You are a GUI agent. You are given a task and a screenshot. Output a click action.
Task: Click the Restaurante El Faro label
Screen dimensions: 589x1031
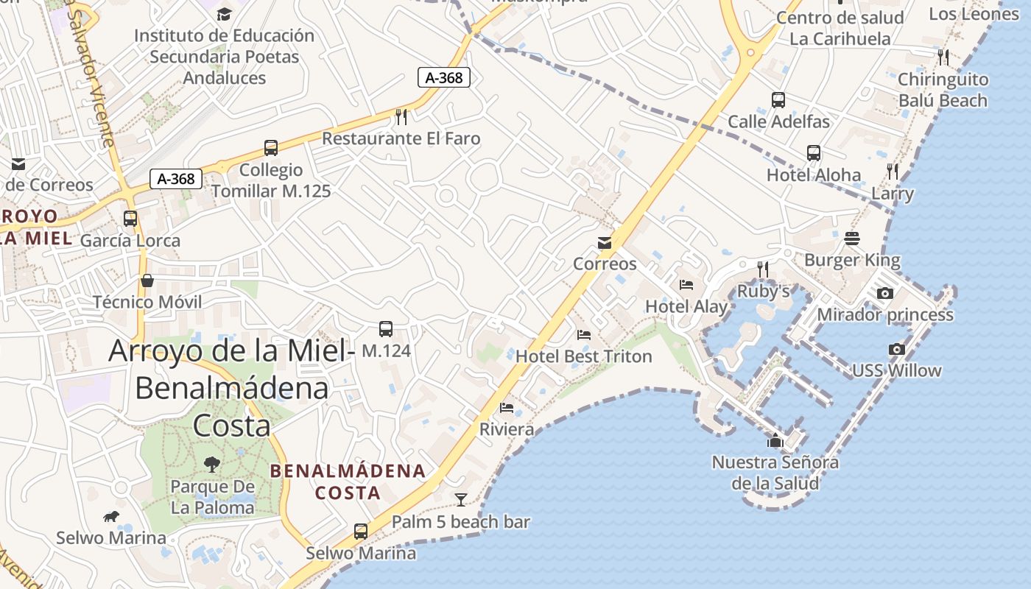pyautogui.click(x=401, y=138)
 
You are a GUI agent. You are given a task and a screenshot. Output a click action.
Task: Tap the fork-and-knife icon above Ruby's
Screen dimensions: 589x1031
pyautogui.click(x=763, y=269)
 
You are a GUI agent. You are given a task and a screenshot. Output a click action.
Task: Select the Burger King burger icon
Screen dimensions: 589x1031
pyautogui.click(x=852, y=239)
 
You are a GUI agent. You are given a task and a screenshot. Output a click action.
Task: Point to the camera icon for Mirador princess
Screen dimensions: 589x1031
pyautogui.click(x=885, y=294)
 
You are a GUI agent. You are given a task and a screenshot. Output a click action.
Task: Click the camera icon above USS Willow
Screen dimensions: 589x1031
pyautogui.click(x=896, y=350)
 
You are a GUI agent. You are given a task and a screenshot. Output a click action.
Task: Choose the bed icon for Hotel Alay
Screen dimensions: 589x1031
pyautogui.click(x=686, y=285)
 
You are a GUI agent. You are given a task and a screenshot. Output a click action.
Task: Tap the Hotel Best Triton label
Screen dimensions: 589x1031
pyautogui.click(x=583, y=356)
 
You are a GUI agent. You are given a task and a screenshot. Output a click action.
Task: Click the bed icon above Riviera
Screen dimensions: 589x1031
pyautogui.click(x=507, y=408)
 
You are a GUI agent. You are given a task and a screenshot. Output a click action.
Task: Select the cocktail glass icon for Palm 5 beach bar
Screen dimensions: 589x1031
pyautogui.click(x=461, y=500)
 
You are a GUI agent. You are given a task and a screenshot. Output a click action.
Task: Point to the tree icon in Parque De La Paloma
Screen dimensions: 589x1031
pyautogui.click(x=212, y=464)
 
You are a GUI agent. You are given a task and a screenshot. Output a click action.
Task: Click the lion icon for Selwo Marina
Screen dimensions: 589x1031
pyautogui.click(x=111, y=516)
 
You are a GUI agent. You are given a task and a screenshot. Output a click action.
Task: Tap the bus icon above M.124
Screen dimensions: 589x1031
pyautogui.click(x=386, y=329)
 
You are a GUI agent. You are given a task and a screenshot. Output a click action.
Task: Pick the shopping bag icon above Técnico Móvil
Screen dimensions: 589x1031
pyautogui.click(x=147, y=281)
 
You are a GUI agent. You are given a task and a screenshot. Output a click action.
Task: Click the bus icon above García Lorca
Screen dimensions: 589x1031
pyautogui.click(x=130, y=219)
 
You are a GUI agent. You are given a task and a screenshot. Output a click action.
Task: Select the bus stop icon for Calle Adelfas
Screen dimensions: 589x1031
pyautogui.click(x=778, y=100)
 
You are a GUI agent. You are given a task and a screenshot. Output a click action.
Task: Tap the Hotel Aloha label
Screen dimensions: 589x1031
pyautogui.click(x=814, y=175)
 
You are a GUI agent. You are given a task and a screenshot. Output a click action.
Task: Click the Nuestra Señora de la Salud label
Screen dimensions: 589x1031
pyautogui.click(x=775, y=473)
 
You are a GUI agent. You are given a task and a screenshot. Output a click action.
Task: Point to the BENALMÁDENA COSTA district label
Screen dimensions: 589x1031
pyautogui.click(x=348, y=482)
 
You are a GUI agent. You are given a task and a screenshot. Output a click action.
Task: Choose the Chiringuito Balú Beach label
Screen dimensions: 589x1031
pyautogui.click(x=943, y=90)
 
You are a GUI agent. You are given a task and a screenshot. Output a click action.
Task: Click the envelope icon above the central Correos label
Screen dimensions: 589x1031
pyautogui.click(x=605, y=243)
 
